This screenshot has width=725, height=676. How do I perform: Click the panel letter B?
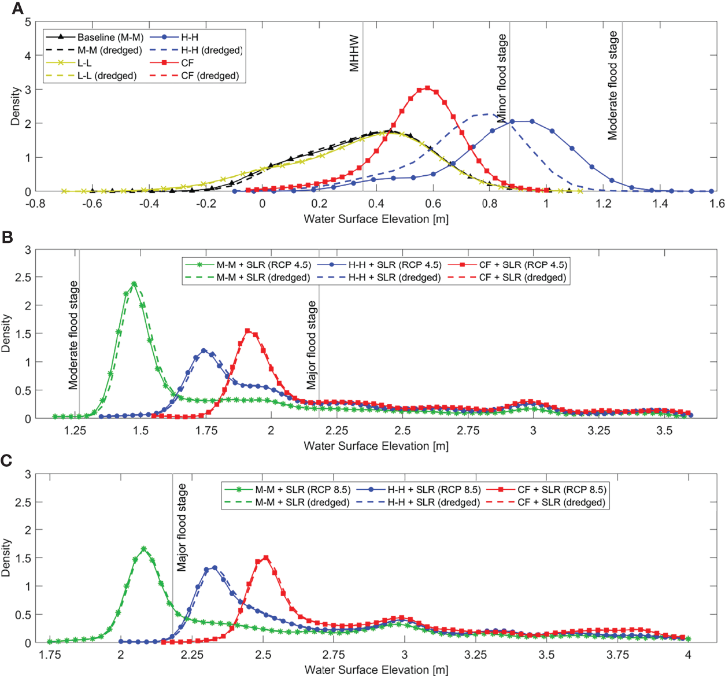(x=8, y=237)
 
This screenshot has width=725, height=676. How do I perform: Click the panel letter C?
(x=7, y=461)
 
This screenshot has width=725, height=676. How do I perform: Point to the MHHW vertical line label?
(x=354, y=53)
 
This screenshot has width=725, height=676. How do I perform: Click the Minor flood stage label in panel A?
(x=502, y=78)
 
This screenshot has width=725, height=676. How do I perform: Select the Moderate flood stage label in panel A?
(x=613, y=86)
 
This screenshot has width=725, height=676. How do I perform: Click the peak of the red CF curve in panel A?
(x=427, y=88)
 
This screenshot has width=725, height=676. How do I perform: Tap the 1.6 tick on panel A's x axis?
(x=717, y=204)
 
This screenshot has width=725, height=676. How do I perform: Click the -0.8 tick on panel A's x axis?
(x=36, y=204)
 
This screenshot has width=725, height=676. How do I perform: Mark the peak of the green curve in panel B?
(x=134, y=284)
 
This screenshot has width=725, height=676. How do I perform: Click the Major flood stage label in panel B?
(x=312, y=345)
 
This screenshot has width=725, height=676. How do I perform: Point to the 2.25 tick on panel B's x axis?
(x=336, y=431)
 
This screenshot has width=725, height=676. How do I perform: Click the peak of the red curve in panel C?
(x=266, y=558)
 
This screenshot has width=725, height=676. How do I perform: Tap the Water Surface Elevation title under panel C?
(x=376, y=670)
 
